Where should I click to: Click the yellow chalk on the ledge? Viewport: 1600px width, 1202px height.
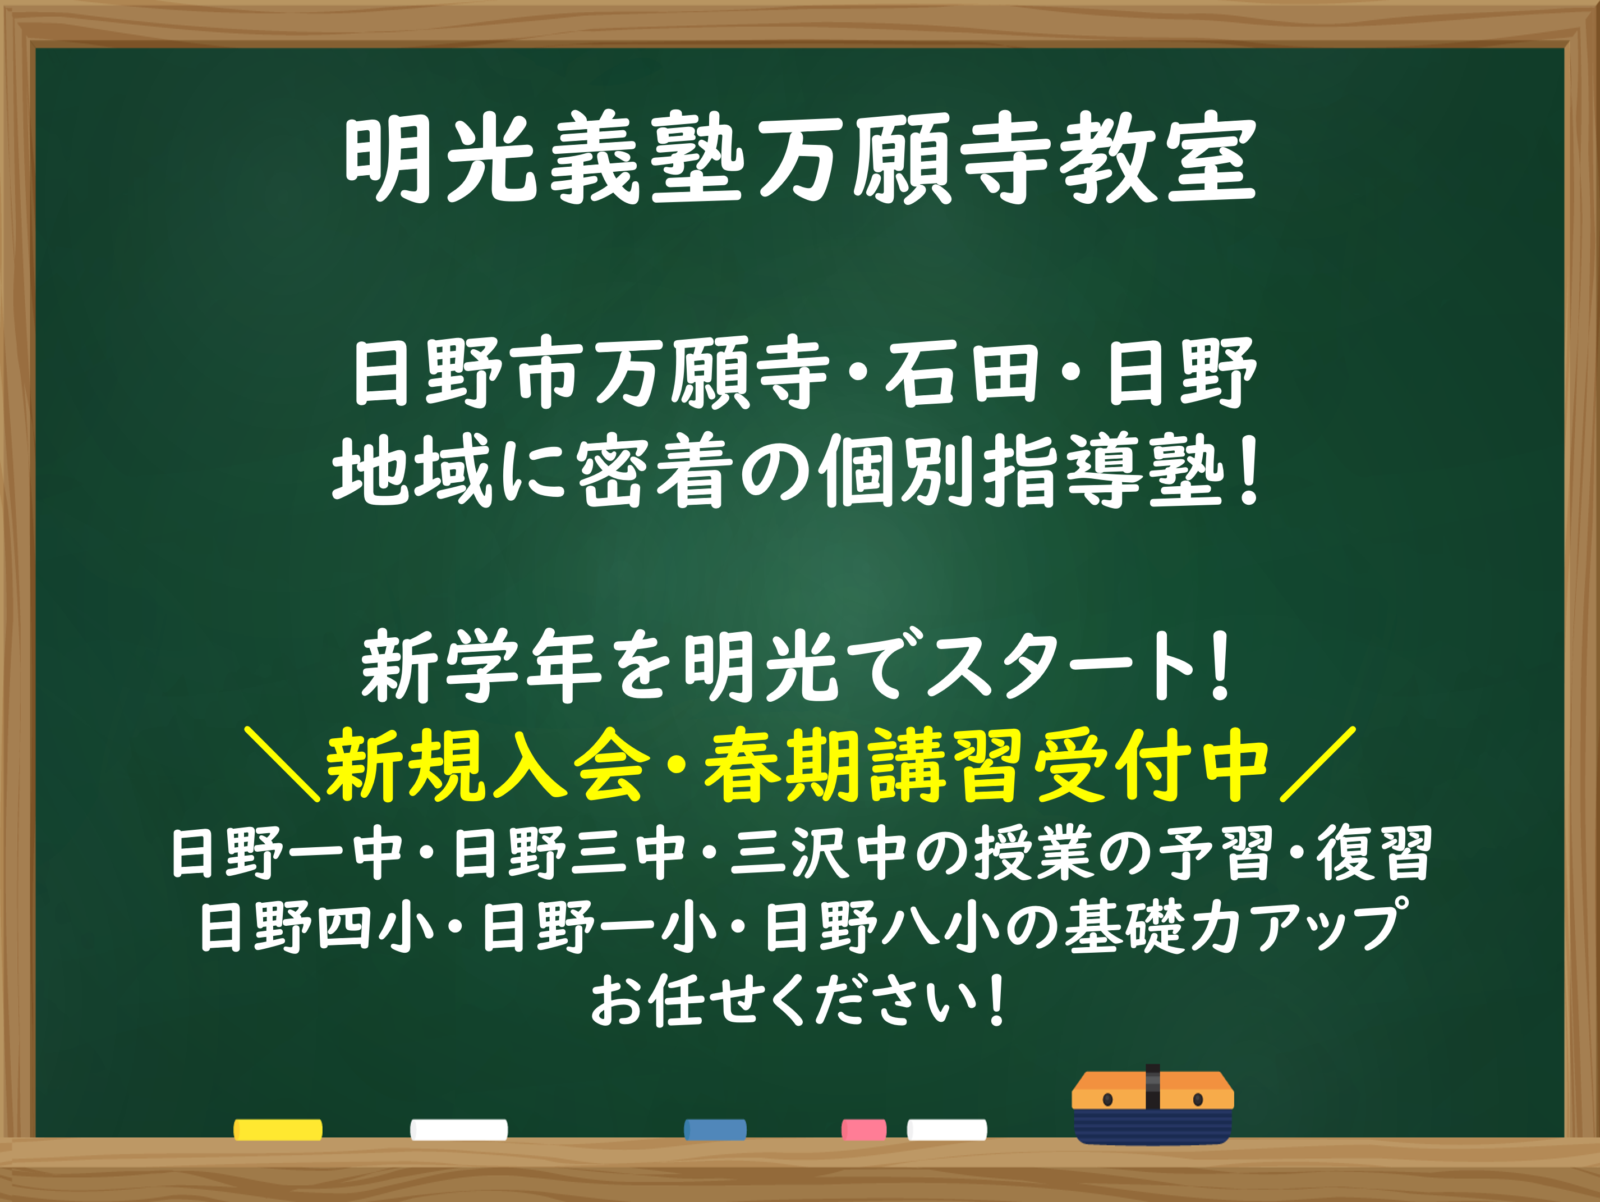(x=278, y=1130)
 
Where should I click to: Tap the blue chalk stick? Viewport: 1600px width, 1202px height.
(x=715, y=1130)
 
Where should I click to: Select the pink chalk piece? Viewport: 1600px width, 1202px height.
(x=863, y=1130)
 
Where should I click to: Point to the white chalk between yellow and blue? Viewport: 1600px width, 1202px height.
(x=458, y=1130)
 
